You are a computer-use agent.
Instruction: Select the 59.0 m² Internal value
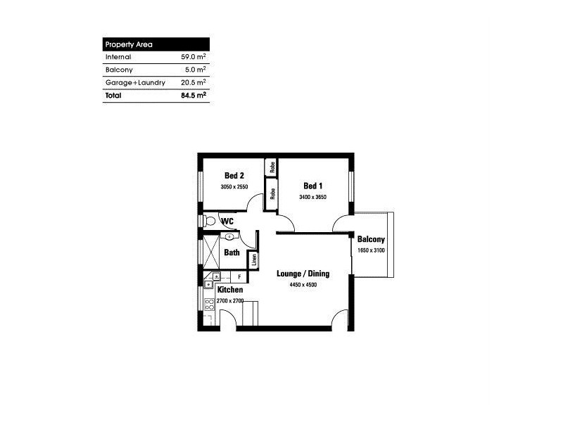click(x=194, y=57)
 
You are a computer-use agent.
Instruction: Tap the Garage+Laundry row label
click(x=135, y=82)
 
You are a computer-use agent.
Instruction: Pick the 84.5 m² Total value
click(x=194, y=96)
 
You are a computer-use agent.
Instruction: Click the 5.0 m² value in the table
click(x=195, y=70)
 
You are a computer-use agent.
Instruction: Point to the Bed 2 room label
click(x=234, y=176)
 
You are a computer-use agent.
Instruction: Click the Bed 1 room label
click(x=312, y=186)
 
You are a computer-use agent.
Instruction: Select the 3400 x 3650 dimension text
click(x=312, y=198)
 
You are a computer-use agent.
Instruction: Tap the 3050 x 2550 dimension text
click(x=234, y=187)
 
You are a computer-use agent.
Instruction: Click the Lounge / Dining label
click(x=303, y=274)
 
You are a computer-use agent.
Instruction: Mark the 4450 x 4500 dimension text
click(x=303, y=285)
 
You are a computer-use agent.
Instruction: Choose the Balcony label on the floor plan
click(x=371, y=238)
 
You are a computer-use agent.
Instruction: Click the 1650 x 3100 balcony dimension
click(x=371, y=250)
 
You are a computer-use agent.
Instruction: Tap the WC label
click(x=227, y=222)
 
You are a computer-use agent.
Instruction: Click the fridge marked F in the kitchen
click(x=239, y=278)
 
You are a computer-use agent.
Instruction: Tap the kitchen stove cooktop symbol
click(x=208, y=305)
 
